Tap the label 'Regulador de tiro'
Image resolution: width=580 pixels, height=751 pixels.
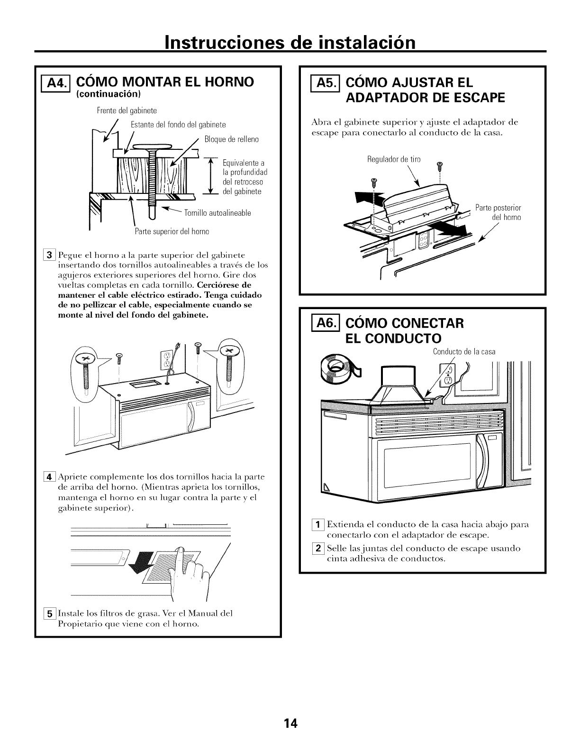tap(394, 159)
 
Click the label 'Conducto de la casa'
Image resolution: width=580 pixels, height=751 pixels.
tap(464, 351)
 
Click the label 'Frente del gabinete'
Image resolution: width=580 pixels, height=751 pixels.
tap(127, 111)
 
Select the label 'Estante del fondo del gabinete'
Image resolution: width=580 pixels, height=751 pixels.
tap(178, 125)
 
